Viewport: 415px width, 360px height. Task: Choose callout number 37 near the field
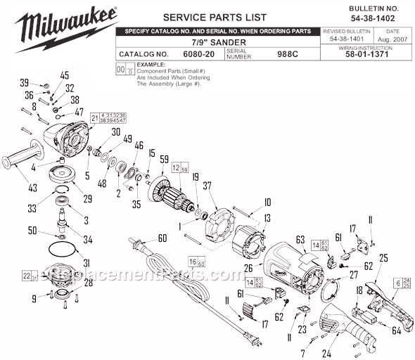click(x=206, y=186)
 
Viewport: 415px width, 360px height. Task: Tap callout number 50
click(x=32, y=231)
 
